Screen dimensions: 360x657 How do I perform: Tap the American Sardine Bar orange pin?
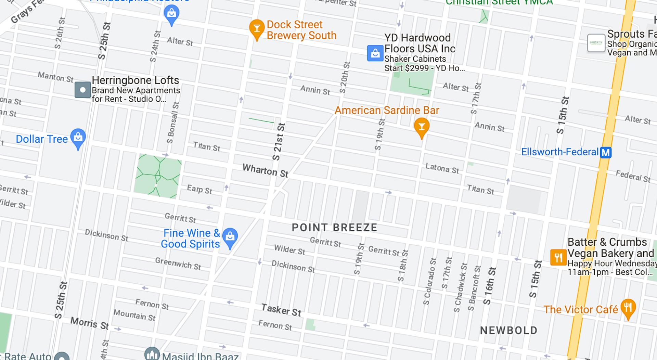click(x=422, y=127)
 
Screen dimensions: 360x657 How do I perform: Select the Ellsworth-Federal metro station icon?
click(x=606, y=152)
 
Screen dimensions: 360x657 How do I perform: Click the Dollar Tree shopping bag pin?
click(x=78, y=138)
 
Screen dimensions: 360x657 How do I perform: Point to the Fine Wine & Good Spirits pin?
click(x=230, y=237)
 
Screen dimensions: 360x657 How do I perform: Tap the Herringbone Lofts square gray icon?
click(x=82, y=90)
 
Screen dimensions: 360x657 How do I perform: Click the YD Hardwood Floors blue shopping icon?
click(x=375, y=53)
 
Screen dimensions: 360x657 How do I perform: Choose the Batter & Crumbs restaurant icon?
click(x=558, y=257)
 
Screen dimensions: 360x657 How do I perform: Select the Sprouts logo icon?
click(x=596, y=43)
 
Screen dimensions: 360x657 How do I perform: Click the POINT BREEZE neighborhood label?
click(x=334, y=228)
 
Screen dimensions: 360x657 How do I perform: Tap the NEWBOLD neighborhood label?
click(x=508, y=331)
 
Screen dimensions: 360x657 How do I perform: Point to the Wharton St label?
click(x=265, y=170)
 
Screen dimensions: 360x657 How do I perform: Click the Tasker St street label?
click(x=281, y=310)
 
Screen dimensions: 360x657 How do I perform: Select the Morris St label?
click(x=90, y=323)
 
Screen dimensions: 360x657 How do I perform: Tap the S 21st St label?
click(x=278, y=142)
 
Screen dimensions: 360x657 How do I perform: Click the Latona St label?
click(x=442, y=168)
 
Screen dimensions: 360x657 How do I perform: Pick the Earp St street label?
click(x=199, y=189)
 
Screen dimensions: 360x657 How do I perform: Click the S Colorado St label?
click(x=430, y=281)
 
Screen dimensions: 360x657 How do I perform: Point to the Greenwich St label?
click(x=178, y=263)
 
